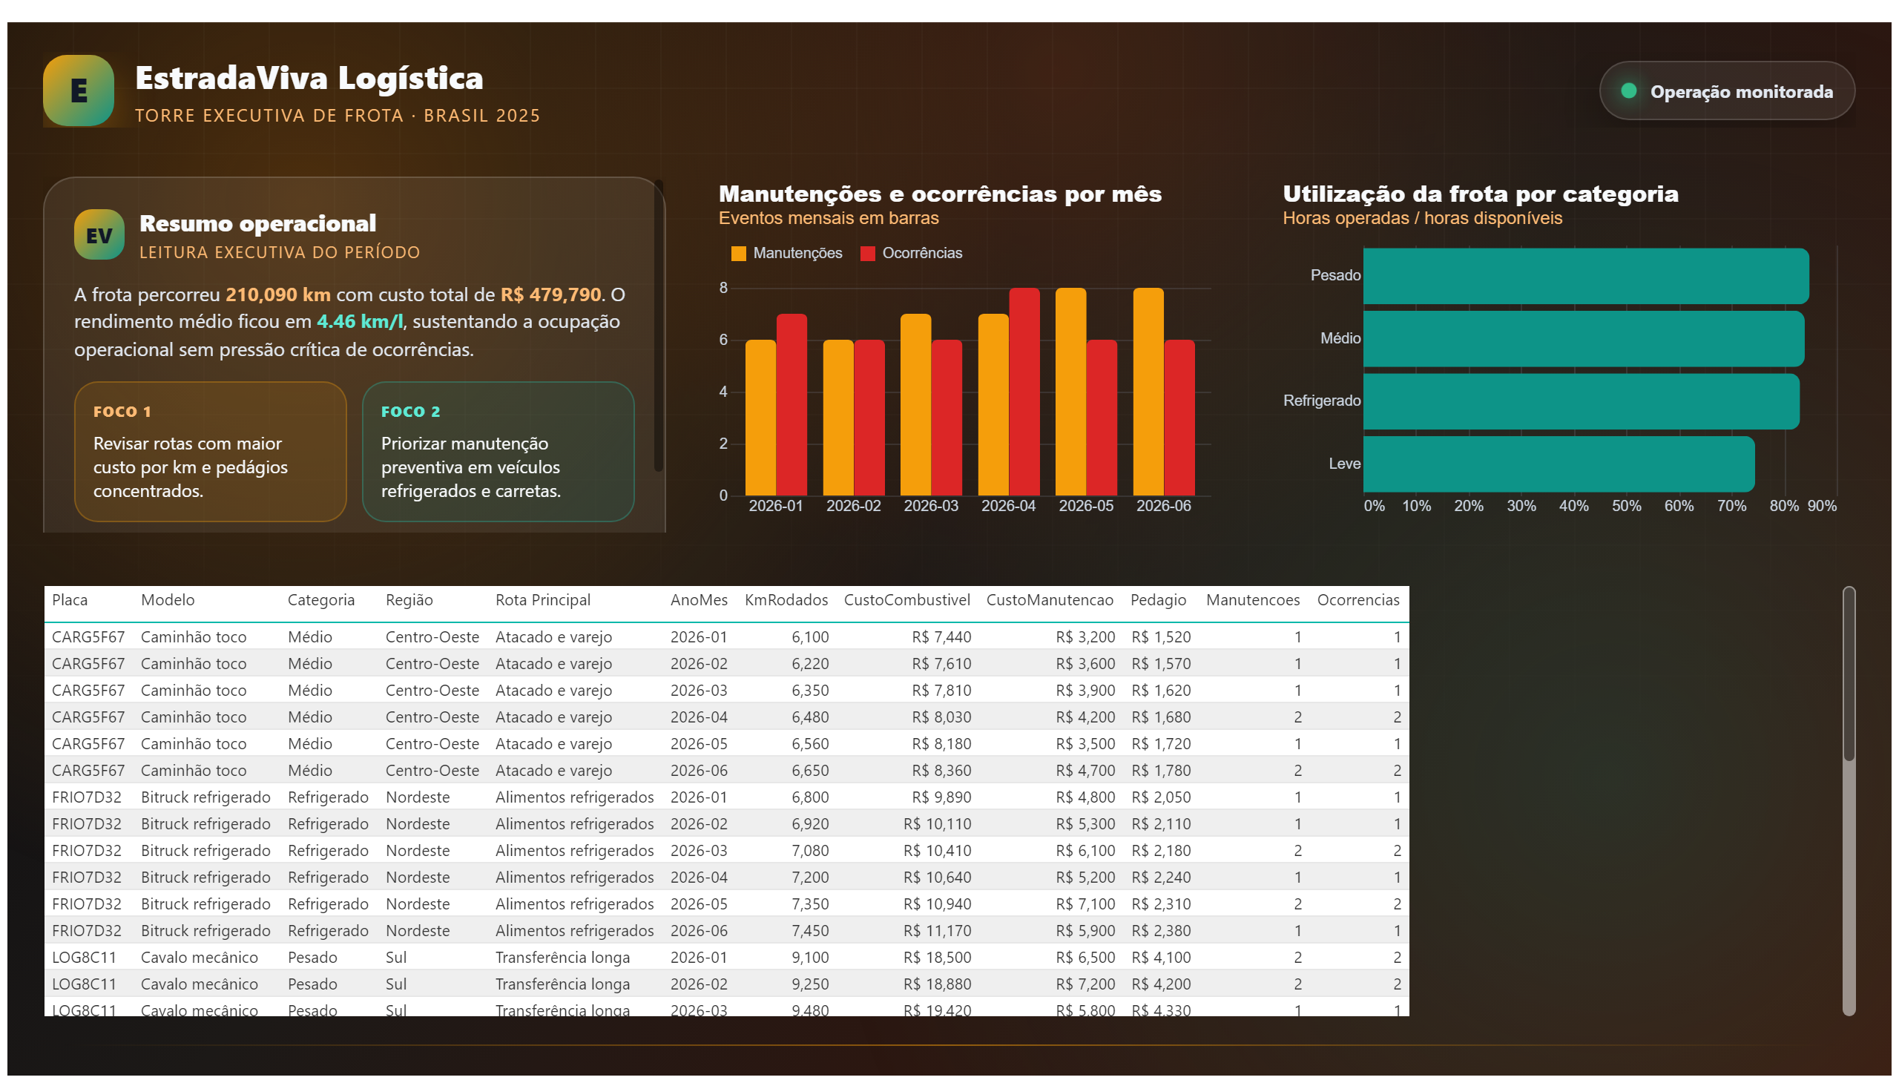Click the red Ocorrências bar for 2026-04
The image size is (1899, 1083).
coord(1024,391)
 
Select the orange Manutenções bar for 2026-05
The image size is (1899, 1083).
coord(1070,391)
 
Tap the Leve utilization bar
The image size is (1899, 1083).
coord(1559,464)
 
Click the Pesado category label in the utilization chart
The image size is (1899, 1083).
coord(1335,275)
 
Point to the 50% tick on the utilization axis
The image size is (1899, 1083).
coord(1626,506)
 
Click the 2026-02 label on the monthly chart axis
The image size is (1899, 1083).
coord(853,506)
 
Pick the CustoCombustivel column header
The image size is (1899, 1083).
coord(906,600)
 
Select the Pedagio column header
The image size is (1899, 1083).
coord(1157,600)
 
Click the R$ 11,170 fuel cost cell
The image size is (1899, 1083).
coord(937,931)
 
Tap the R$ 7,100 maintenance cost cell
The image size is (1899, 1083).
coord(1085,904)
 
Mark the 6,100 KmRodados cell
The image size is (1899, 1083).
coord(809,637)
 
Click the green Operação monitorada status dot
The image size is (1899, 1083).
coord(1628,90)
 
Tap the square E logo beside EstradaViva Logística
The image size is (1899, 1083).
coord(79,90)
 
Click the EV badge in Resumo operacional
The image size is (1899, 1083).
coord(99,235)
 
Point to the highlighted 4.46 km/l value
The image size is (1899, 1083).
coord(360,322)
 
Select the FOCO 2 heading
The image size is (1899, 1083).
coord(411,412)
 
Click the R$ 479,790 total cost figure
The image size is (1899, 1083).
coord(550,294)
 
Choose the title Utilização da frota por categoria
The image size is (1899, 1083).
coord(1480,194)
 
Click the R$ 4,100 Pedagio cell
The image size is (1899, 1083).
coord(1160,958)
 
